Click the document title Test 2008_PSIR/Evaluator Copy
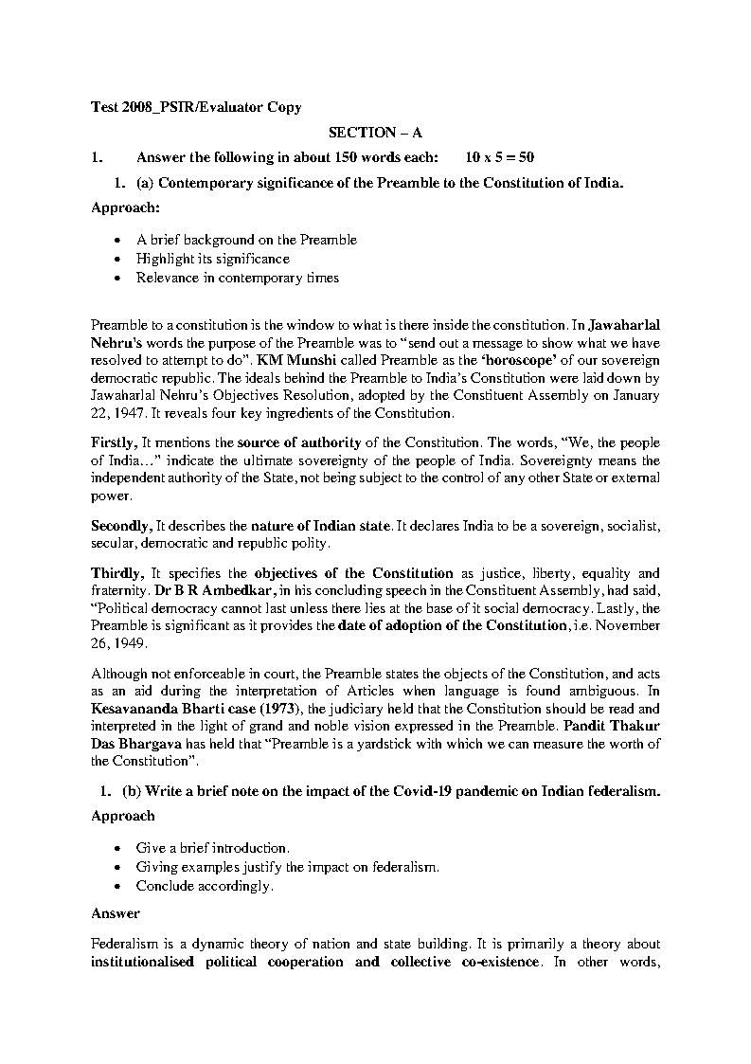pyautogui.click(x=196, y=108)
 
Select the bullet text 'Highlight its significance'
pyautogui.click(x=213, y=259)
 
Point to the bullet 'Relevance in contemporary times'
pyautogui.click(x=237, y=278)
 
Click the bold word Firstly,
pyautogui.click(x=116, y=442)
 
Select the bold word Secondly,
pyautogui.click(x=122, y=525)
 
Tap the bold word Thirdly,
pyautogui.click(x=117, y=573)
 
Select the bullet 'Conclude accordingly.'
pyautogui.click(x=205, y=886)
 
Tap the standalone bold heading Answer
pyautogui.click(x=116, y=913)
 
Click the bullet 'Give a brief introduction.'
pyautogui.click(x=213, y=848)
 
